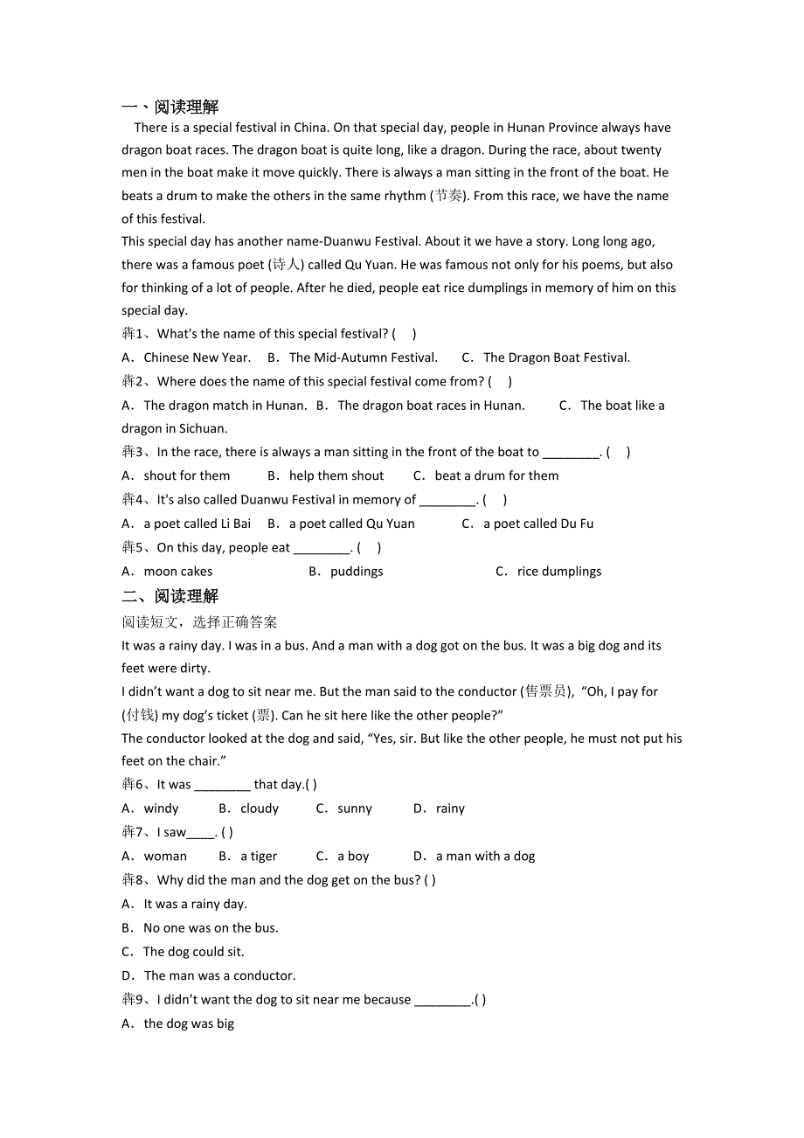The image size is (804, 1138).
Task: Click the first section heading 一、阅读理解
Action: click(170, 108)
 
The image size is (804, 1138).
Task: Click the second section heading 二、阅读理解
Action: click(170, 597)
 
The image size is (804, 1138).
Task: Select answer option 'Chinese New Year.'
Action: click(197, 357)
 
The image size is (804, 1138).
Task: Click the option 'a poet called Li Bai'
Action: click(197, 524)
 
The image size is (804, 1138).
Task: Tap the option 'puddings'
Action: click(357, 572)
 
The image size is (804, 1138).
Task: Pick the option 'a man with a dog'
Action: click(485, 857)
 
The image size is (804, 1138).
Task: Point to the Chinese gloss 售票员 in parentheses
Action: click(545, 692)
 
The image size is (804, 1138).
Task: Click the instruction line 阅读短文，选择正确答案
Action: click(199, 622)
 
